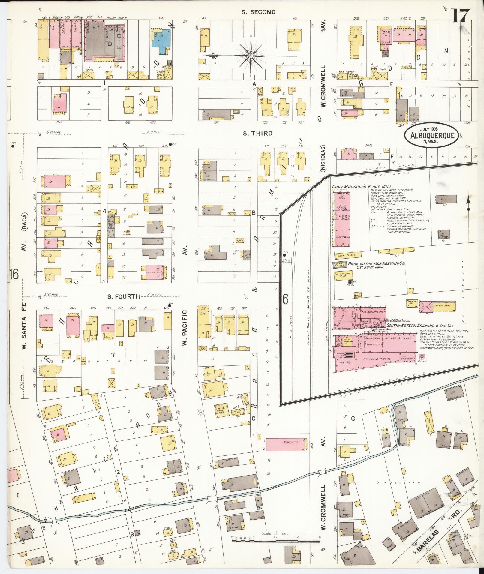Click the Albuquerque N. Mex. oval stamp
pos(431,136)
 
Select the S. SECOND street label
pos(259,12)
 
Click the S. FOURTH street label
pos(124,297)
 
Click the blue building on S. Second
pos(161,38)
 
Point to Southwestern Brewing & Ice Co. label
pos(419,326)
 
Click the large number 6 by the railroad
pos(285,299)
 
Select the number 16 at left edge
pos(14,274)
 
